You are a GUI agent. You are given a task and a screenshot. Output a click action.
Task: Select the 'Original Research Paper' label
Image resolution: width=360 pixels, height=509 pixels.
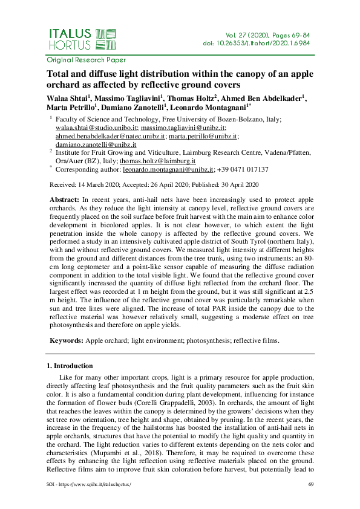pyautogui.click(x=86, y=60)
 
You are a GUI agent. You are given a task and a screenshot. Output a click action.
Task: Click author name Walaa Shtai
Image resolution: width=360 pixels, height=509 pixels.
pyautogui.click(x=66, y=99)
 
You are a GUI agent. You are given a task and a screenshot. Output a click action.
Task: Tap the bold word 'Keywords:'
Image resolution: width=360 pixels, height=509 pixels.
pyautogui.click(x=65, y=341)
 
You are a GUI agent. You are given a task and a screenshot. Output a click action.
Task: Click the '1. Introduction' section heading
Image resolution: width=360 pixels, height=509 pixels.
pyautogui.click(x=70, y=366)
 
